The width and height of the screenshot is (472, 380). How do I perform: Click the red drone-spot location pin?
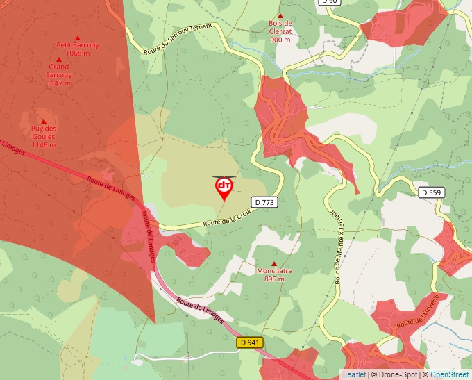pyautogui.click(x=224, y=188)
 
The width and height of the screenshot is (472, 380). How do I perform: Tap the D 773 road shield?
pyautogui.click(x=265, y=202)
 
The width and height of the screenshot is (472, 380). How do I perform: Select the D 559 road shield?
pyautogui.click(x=431, y=191)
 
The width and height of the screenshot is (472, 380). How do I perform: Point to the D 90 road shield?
pyautogui.click(x=329, y=2)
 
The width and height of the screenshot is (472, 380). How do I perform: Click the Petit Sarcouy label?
pyautogui.click(x=78, y=45)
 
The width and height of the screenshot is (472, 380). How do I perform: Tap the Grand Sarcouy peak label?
pyautogui.click(x=59, y=74)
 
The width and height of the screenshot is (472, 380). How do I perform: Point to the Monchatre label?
pyautogui.click(x=274, y=271)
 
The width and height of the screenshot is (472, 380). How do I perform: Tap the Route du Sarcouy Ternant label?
pyautogui.click(x=178, y=38)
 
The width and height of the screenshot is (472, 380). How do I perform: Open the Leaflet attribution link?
pyautogui.click(x=354, y=374)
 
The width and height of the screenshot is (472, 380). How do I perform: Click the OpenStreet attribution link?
pyautogui.click(x=449, y=374)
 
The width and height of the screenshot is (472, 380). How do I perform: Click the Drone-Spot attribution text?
pyautogui.click(x=400, y=374)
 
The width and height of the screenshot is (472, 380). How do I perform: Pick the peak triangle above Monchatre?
pyautogui.click(x=274, y=263)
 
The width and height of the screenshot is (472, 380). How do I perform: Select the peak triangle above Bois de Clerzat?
pyautogui.click(x=280, y=15)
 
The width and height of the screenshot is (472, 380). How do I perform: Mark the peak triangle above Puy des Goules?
pyautogui.click(x=43, y=122)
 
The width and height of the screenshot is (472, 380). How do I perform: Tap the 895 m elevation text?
pyautogui.click(x=274, y=279)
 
